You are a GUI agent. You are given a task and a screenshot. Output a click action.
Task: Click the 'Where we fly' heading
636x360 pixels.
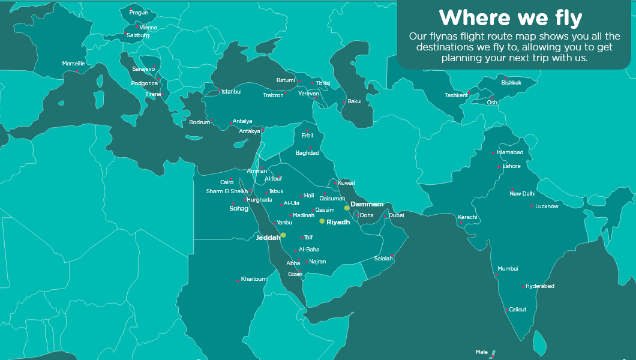(x=510, y=17)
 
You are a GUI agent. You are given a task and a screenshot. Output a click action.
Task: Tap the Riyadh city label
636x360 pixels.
(x=338, y=222)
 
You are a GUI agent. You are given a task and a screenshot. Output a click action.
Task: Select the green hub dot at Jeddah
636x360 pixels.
(x=283, y=235)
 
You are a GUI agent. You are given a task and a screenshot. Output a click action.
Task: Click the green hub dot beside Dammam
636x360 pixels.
(x=347, y=208)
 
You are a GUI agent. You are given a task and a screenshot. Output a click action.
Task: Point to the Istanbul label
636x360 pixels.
(x=231, y=92)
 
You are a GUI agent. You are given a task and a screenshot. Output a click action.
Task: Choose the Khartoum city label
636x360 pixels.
(x=254, y=279)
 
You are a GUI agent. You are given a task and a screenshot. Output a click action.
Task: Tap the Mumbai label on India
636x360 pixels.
(x=508, y=269)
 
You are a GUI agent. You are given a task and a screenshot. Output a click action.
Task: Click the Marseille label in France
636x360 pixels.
(x=73, y=64)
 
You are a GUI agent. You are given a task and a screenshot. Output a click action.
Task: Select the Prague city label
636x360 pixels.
(x=139, y=13)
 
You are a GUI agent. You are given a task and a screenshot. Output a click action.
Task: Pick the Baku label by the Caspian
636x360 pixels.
(x=354, y=101)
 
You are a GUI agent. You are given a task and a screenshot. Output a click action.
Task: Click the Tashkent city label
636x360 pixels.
(x=456, y=95)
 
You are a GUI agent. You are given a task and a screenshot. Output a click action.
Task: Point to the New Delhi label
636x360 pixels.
(x=522, y=194)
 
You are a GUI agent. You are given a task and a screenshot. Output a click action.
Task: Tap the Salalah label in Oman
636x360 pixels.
(x=383, y=259)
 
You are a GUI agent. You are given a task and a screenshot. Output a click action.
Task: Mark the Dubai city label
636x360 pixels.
(x=397, y=215)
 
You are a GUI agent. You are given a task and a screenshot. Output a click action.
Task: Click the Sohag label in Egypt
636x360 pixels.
(x=239, y=209)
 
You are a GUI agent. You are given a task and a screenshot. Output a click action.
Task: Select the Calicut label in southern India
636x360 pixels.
(x=517, y=310)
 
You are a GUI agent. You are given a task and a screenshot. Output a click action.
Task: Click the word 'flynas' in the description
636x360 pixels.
(x=445, y=36)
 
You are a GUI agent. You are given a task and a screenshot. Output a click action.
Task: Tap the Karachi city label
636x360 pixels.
(x=467, y=217)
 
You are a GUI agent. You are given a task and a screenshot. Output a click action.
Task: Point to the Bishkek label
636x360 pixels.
(x=511, y=83)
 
